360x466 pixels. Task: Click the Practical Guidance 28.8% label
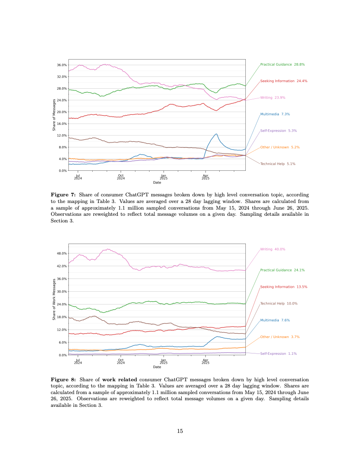(x=282, y=64)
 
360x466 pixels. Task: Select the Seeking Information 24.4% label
(x=284, y=81)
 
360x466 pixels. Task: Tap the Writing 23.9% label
(x=272, y=98)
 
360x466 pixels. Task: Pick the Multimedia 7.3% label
(x=275, y=114)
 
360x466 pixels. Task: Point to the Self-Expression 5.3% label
(x=278, y=131)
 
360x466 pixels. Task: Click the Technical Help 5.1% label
(x=277, y=164)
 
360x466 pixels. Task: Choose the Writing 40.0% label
(x=273, y=249)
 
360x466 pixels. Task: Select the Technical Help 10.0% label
(x=278, y=304)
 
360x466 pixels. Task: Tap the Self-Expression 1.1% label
(x=278, y=353)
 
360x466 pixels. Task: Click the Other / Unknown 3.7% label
(x=280, y=337)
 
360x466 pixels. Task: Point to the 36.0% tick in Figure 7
(x=62, y=65)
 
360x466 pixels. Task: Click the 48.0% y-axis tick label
(x=62, y=253)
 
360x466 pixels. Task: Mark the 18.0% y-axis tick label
(x=62, y=317)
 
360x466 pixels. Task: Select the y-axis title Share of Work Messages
(x=54, y=299)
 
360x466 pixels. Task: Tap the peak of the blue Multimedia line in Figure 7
(x=216, y=134)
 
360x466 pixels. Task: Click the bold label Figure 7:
(x=64, y=194)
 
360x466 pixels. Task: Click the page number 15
(x=180, y=431)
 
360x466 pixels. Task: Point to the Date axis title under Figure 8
(x=157, y=367)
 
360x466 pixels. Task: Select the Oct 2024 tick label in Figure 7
(x=121, y=177)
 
